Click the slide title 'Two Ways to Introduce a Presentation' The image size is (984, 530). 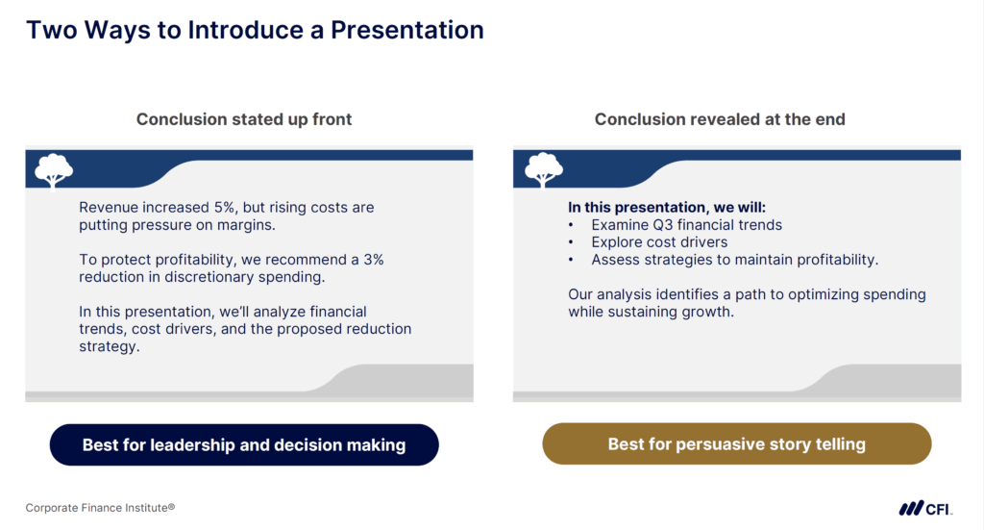click(255, 29)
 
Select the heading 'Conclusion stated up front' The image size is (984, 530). click(244, 119)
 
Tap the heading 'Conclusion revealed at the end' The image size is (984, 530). click(720, 119)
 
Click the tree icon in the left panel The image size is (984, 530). click(54, 170)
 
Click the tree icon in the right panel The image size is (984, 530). click(543, 170)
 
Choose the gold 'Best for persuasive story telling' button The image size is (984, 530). click(736, 444)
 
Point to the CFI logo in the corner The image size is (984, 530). click(924, 508)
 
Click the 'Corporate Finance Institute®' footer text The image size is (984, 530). click(100, 508)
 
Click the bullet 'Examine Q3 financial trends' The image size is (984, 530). click(686, 225)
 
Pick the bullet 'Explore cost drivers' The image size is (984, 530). click(659, 242)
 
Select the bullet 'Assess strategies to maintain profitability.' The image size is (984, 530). click(735, 260)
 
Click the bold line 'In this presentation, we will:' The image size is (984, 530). click(667, 207)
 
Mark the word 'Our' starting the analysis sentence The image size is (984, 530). click(581, 294)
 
